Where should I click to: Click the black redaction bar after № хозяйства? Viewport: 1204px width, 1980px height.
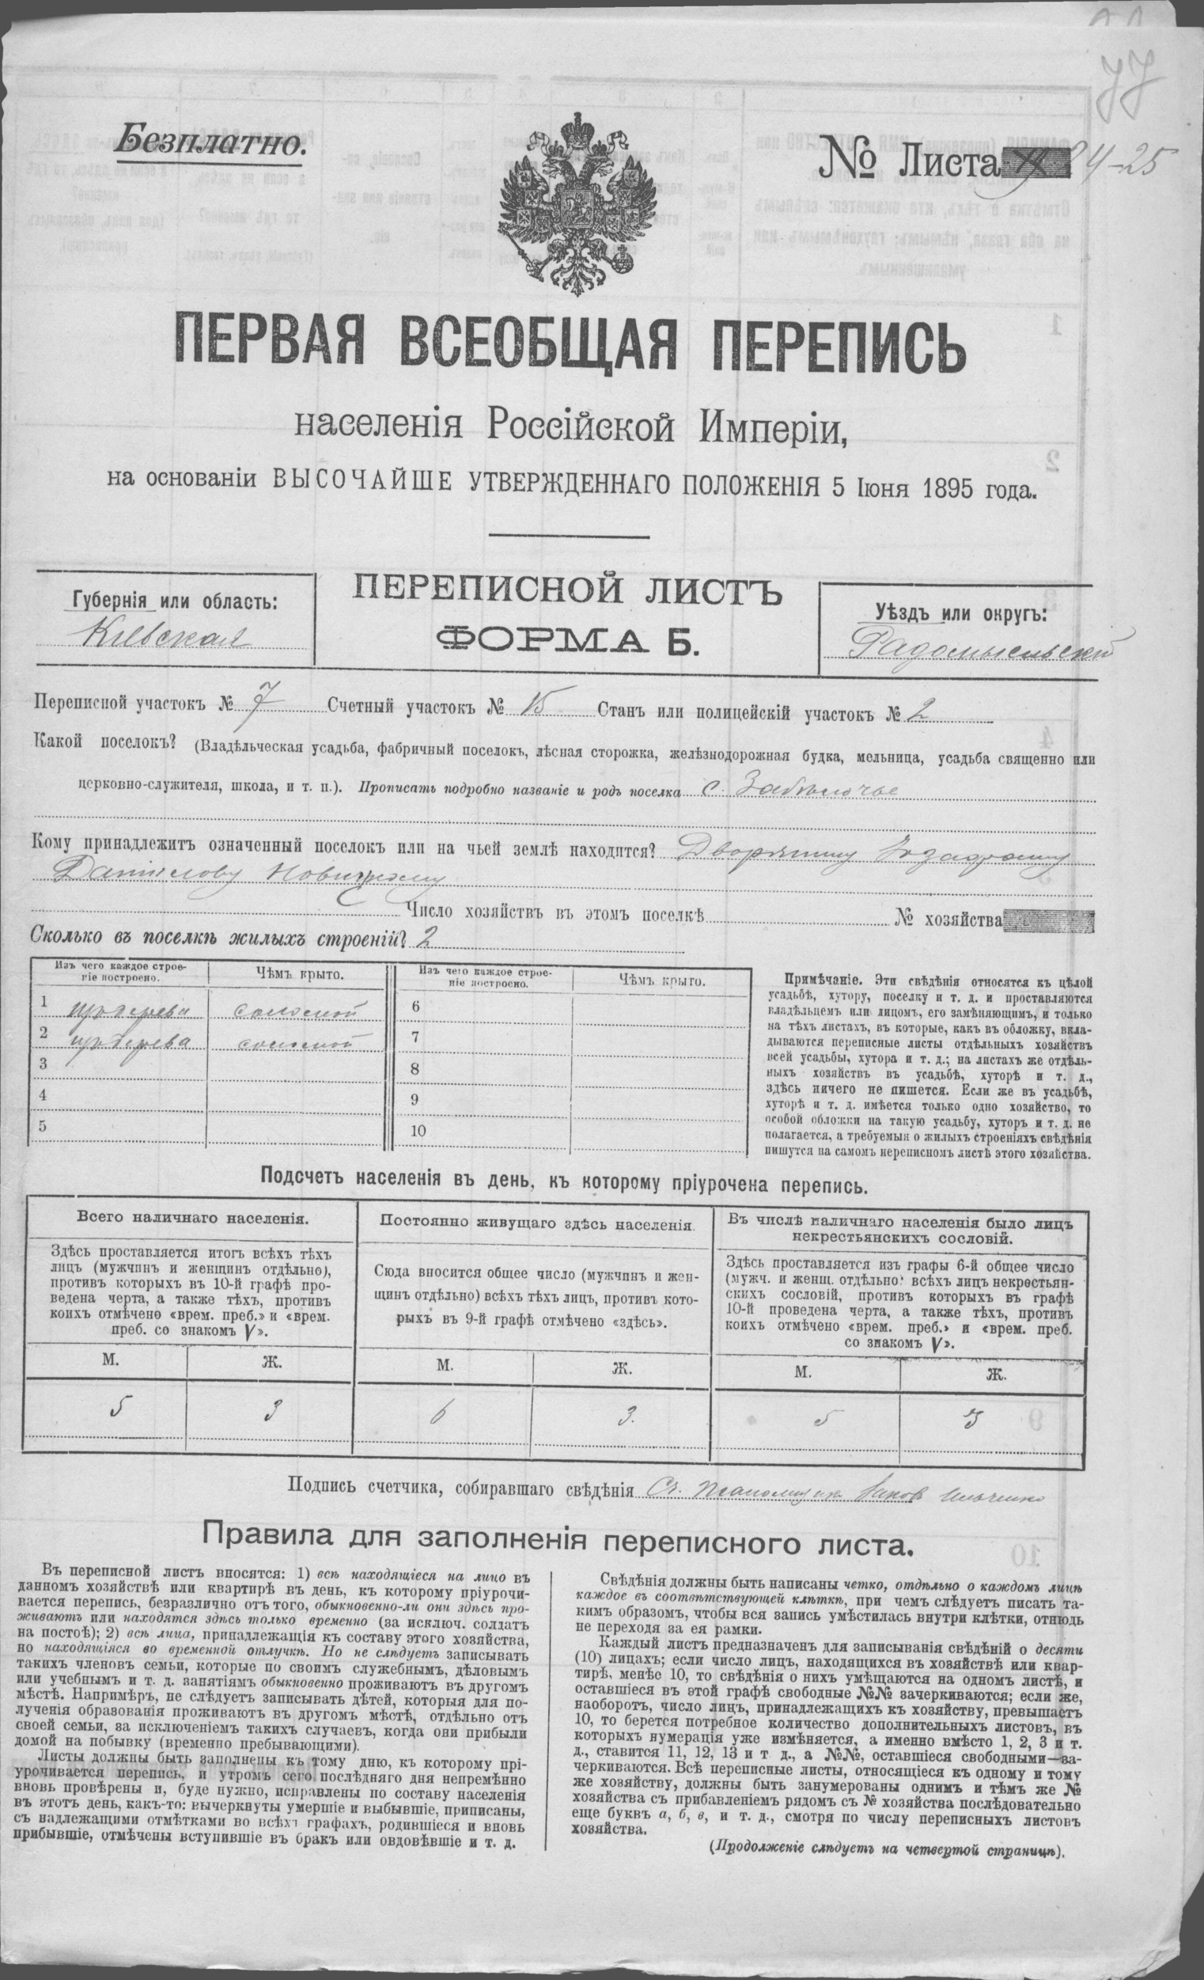pyautogui.click(x=1048, y=920)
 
